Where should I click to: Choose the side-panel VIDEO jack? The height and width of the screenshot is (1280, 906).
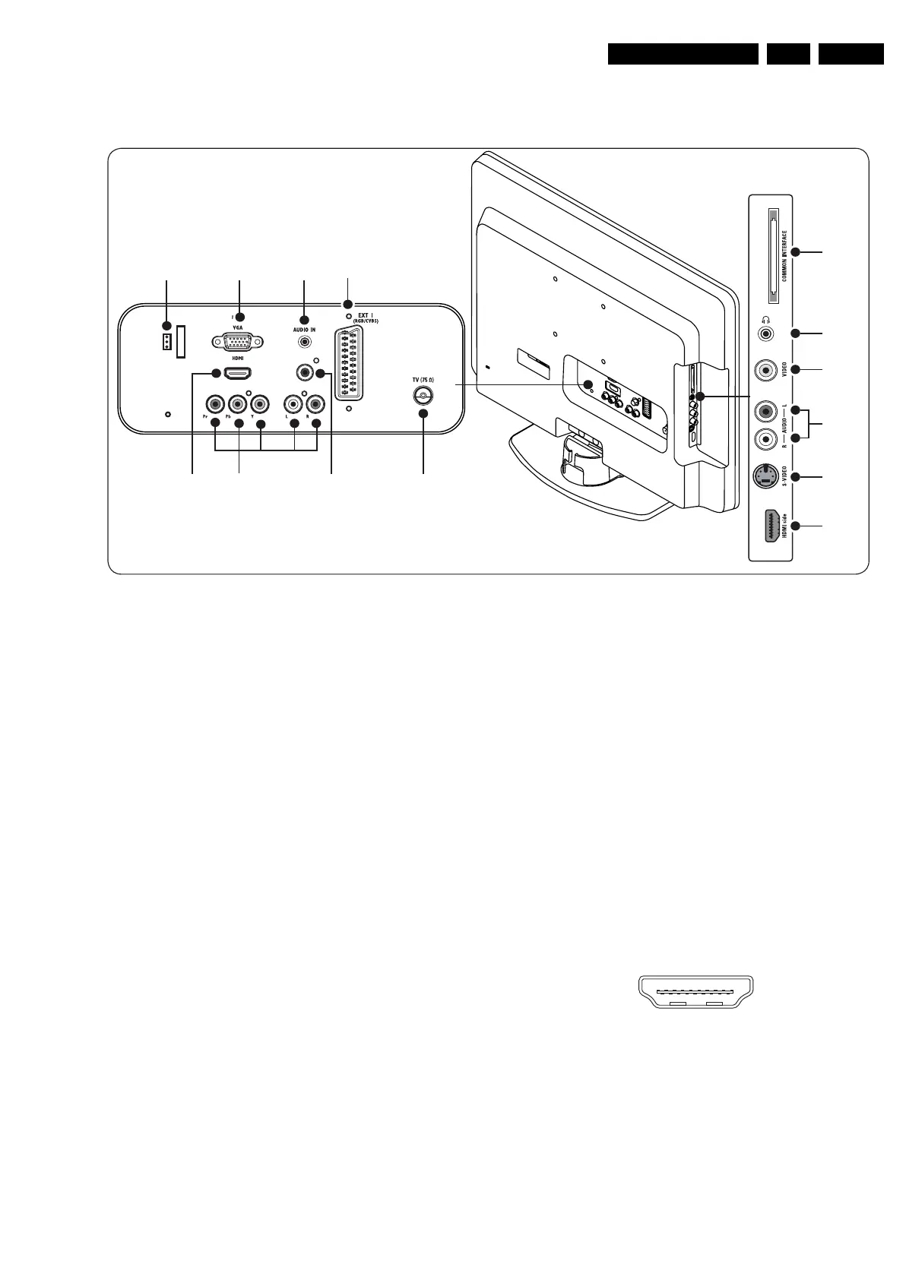point(765,370)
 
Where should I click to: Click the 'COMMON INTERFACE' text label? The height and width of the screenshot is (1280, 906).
point(784,256)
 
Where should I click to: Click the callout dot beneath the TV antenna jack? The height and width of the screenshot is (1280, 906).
point(423,413)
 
